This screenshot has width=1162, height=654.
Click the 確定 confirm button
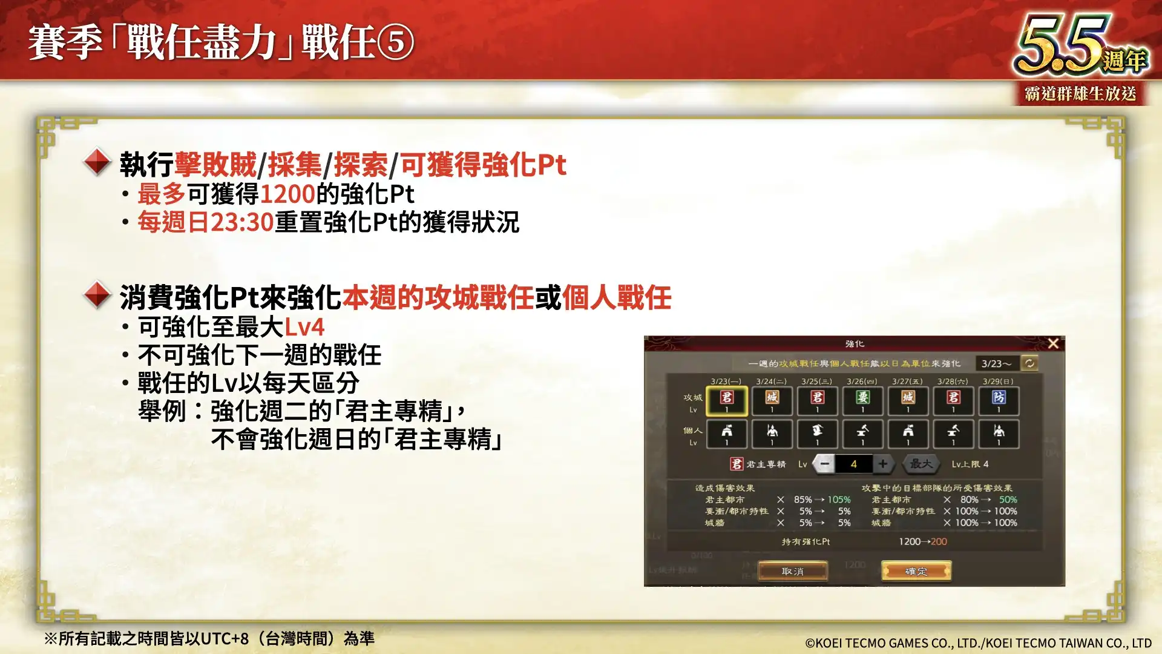pos(916,571)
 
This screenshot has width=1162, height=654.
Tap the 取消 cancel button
pos(792,571)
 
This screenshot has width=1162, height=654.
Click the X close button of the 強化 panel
pos(1053,343)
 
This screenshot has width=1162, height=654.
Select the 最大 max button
pos(921,464)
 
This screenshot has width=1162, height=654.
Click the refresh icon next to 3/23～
pos(1029,363)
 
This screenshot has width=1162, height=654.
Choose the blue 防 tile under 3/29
pos(999,400)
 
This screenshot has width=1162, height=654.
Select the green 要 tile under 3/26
pos(862,400)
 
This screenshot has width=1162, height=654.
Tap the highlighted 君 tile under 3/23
pos(726,400)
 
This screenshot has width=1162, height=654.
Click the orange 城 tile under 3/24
pos(772,400)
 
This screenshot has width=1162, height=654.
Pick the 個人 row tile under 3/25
pos(817,434)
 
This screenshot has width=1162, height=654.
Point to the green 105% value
pos(839,500)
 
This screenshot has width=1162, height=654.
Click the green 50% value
pos(1008,500)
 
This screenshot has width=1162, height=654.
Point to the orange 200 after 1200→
pos(939,541)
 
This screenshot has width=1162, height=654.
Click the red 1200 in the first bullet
pos(287,194)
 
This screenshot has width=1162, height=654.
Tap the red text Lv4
pos(304,327)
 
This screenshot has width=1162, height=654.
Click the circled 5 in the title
pos(396,42)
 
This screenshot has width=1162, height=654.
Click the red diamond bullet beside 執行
pos(97,162)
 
